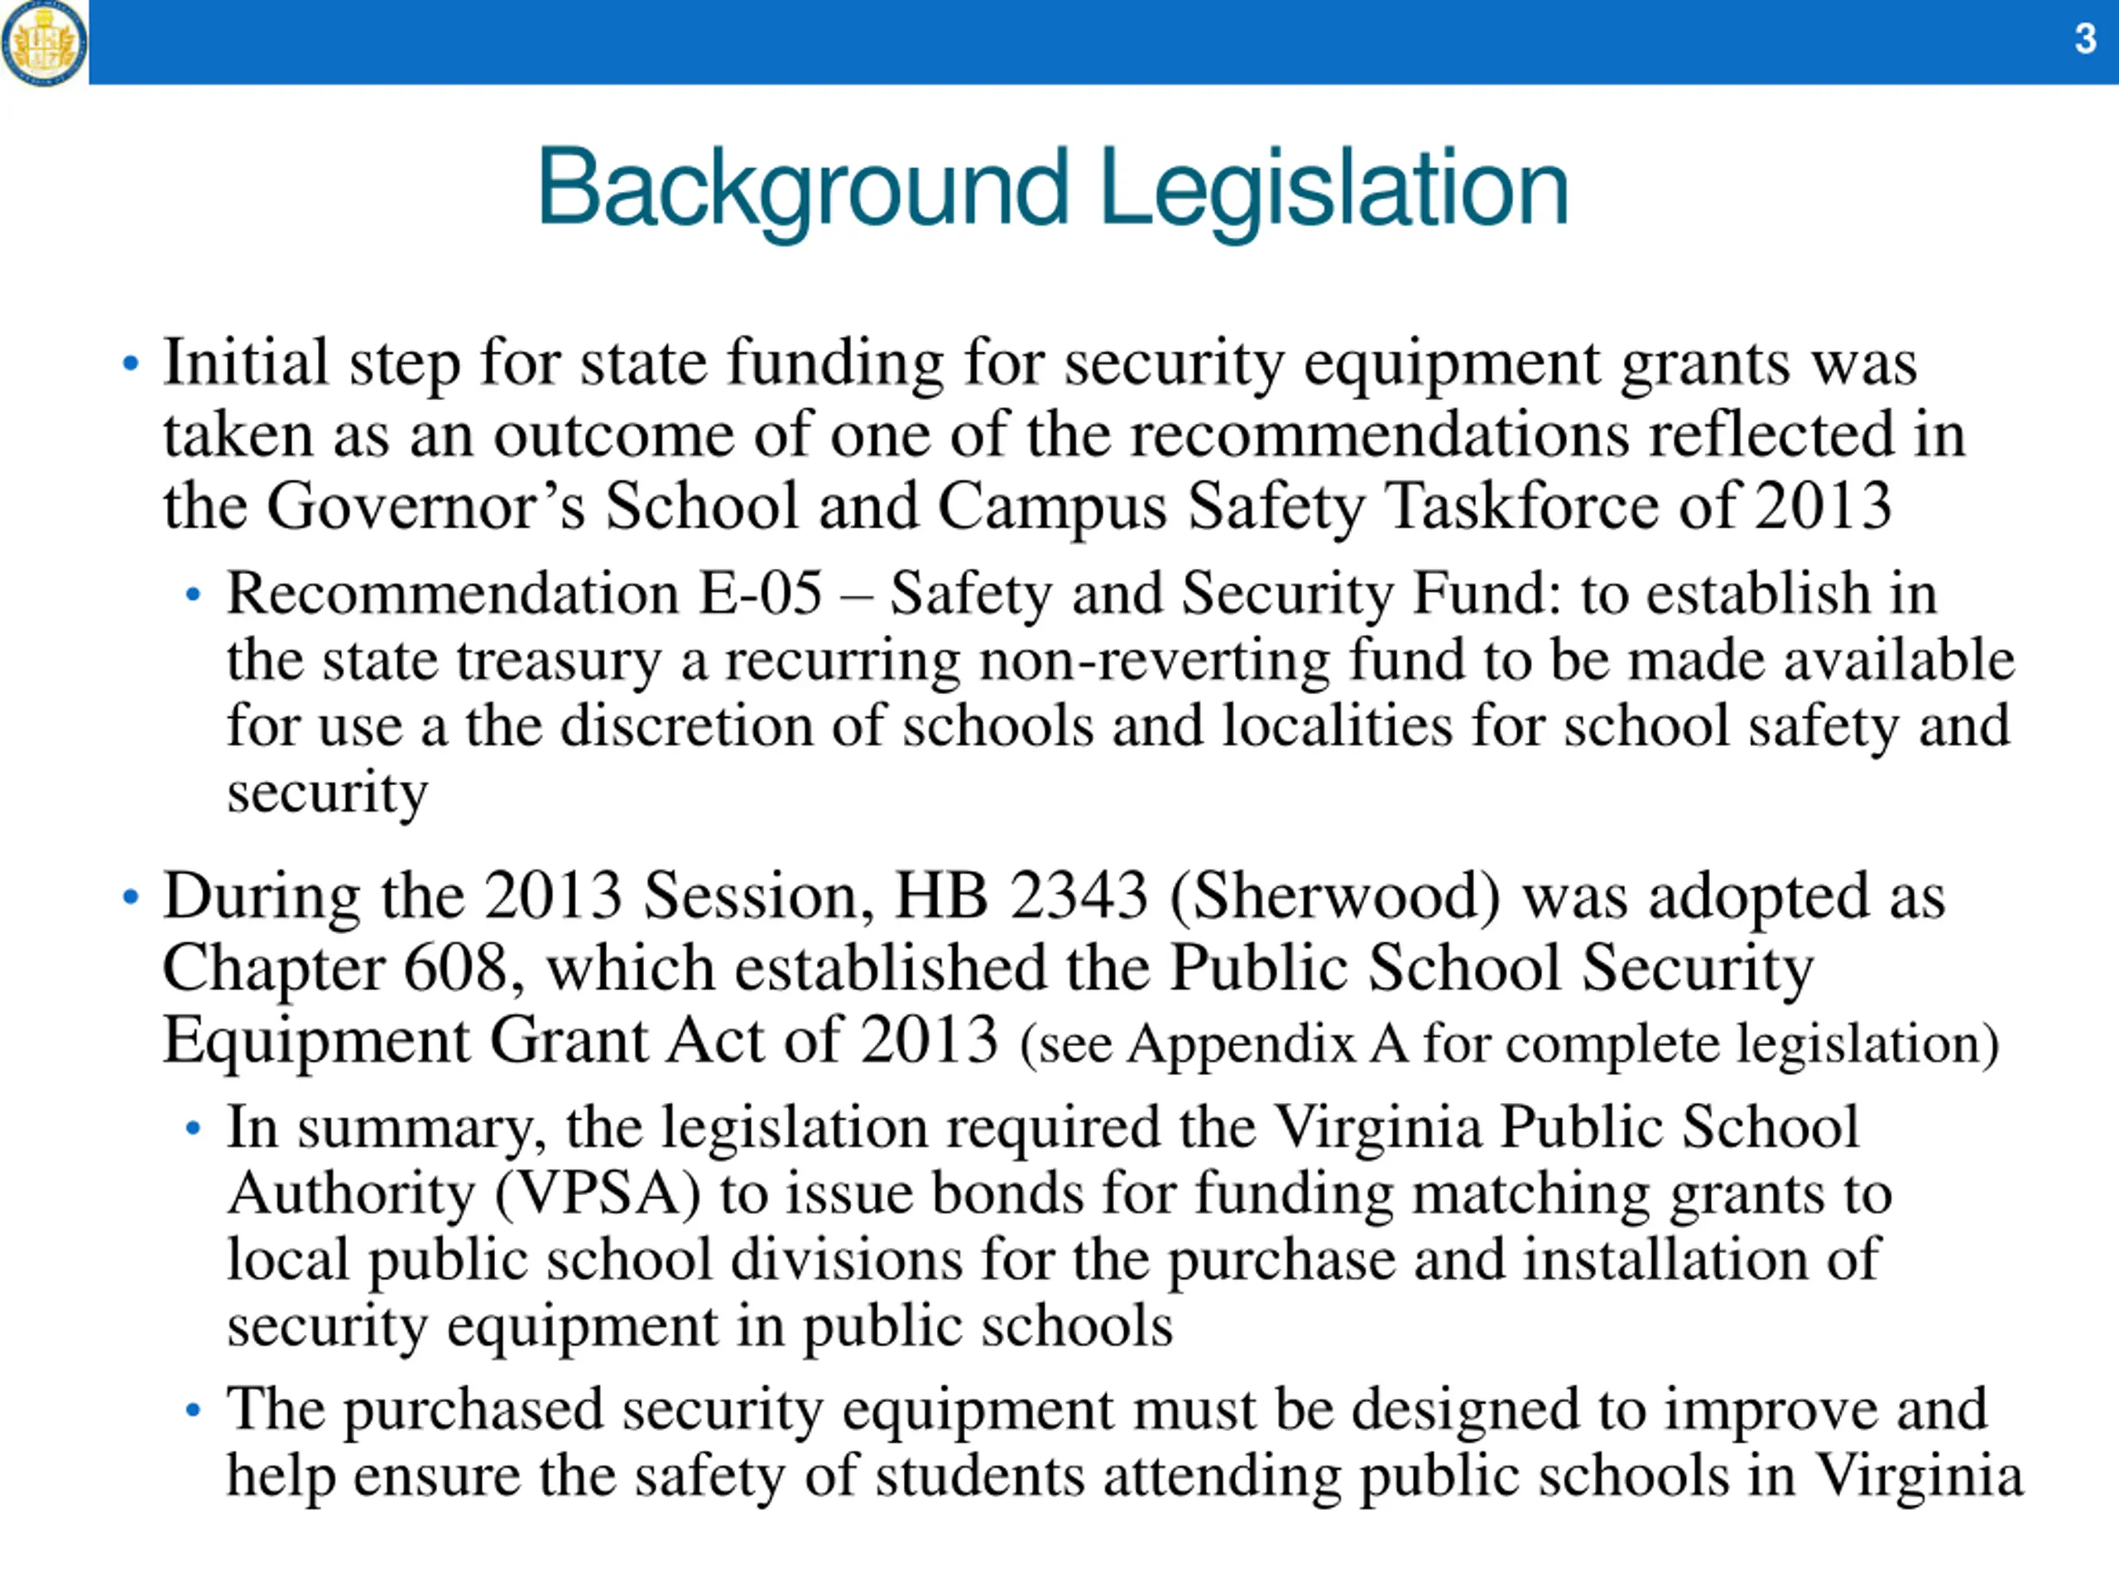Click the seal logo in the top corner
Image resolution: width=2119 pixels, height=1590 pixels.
[x=44, y=42]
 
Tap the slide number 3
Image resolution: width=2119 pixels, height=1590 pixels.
[x=2085, y=39]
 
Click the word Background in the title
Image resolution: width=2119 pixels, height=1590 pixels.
[x=802, y=188]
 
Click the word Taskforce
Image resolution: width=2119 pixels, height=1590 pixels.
[x=1521, y=507]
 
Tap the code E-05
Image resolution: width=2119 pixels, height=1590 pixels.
[x=761, y=593]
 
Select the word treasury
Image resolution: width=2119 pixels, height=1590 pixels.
[x=559, y=662]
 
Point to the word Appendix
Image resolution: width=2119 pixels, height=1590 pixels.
[x=1242, y=1043]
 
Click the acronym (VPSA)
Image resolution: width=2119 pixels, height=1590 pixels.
[x=598, y=1194]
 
